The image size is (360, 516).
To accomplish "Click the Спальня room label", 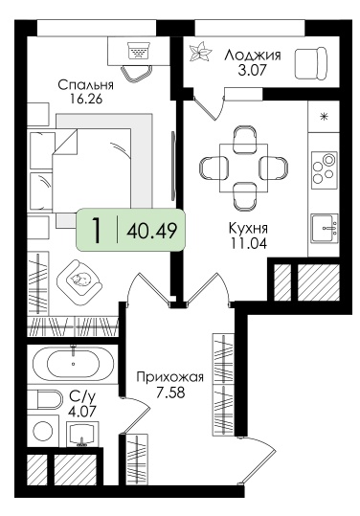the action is click(85, 85).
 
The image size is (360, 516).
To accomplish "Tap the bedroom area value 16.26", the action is click(86, 99).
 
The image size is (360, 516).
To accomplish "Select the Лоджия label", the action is click(253, 55).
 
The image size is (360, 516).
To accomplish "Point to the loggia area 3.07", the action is click(252, 70).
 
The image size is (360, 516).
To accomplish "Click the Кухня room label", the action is click(248, 228).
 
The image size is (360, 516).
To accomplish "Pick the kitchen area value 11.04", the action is click(248, 243).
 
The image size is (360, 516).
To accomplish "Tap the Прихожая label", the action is click(170, 376).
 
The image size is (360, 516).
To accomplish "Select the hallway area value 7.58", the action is click(170, 393).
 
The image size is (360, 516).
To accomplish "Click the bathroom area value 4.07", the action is click(82, 412).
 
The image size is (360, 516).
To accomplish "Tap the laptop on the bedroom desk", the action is click(138, 50).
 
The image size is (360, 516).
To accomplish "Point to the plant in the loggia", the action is click(199, 52).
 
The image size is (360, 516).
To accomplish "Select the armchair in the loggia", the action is click(311, 63).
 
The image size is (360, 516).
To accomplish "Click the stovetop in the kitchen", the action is click(325, 168).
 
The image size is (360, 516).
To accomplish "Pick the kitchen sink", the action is click(325, 228).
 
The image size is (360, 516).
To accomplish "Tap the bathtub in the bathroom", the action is click(73, 364).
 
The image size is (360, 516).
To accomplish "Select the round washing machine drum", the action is click(43, 430).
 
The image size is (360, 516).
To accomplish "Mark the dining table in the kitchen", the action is click(243, 168).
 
